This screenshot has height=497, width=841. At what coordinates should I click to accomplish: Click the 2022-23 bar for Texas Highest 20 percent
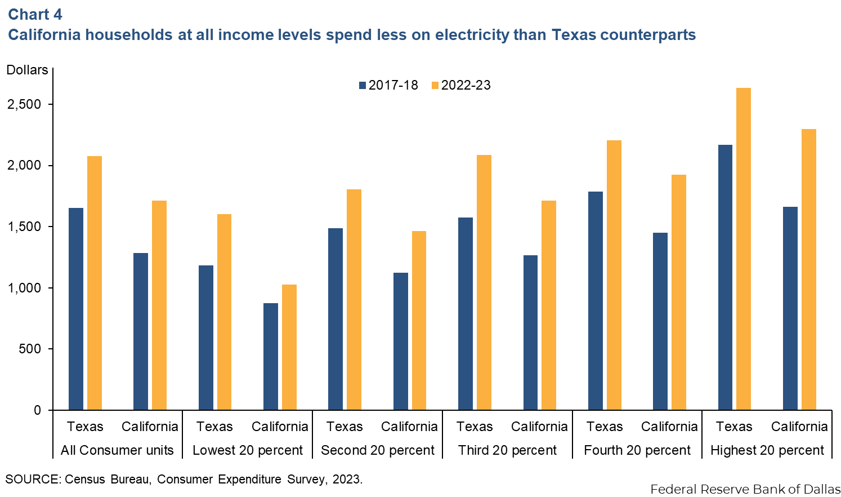tap(744, 248)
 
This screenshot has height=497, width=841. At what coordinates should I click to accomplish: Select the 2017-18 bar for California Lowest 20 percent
tap(271, 356)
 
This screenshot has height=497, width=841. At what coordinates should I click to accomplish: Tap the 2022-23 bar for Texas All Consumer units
tap(95, 283)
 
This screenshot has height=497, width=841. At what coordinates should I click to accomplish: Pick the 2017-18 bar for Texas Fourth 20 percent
tap(596, 300)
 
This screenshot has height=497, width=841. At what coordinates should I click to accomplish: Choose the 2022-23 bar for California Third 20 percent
tap(549, 305)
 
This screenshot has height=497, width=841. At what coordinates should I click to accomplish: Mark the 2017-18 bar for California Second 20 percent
tap(401, 341)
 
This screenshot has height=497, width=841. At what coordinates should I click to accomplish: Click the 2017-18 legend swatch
tap(363, 86)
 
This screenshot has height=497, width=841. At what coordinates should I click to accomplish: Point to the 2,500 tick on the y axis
tap(25, 104)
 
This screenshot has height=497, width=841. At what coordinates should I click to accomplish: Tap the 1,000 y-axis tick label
tap(25, 288)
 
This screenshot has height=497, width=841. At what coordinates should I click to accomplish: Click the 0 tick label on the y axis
tap(38, 410)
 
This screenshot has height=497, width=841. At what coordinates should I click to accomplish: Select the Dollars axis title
tap(27, 70)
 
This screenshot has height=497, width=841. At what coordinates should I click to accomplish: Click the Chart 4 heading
tap(35, 14)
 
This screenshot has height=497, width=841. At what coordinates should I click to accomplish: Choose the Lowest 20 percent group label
tap(248, 450)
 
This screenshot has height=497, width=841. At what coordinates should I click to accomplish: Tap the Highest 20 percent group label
tap(767, 450)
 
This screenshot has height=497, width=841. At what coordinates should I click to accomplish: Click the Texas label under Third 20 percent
tap(475, 427)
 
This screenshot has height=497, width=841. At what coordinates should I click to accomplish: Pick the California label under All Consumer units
tap(150, 427)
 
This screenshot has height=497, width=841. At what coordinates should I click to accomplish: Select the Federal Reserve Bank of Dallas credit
tap(745, 489)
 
